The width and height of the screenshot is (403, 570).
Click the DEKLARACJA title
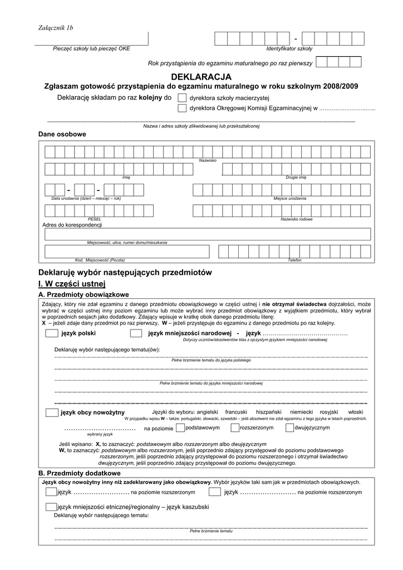pyautogui.click(x=201, y=76)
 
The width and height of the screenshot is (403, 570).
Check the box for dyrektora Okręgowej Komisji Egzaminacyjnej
pyautogui.click(x=182, y=108)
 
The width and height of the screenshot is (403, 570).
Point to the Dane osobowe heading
pyautogui.click(x=62, y=134)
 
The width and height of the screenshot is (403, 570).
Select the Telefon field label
pyautogui.click(x=294, y=260)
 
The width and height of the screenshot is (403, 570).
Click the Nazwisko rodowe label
pyautogui.click(x=297, y=219)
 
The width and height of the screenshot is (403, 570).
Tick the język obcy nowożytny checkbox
pyautogui.click(x=52, y=412)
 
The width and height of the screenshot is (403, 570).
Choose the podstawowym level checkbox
pyautogui.click(x=180, y=428)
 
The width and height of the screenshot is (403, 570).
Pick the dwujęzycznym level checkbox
pyautogui.click(x=289, y=428)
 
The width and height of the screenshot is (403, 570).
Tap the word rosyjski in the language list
pyautogui.click(x=328, y=412)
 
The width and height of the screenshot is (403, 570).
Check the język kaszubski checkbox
pyautogui.click(x=52, y=507)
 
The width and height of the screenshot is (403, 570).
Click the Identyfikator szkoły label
pyautogui.click(x=289, y=48)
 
